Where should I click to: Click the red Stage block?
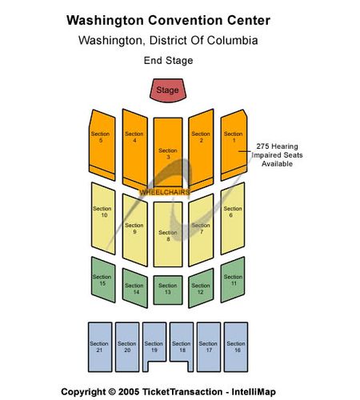168,90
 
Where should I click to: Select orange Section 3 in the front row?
168,152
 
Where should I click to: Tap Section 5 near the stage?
102,145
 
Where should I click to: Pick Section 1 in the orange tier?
234,145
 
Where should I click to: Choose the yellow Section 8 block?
168,234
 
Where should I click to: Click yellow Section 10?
103,218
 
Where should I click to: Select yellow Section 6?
233,218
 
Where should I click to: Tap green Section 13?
168,290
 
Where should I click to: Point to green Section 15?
103,279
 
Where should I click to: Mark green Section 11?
233,279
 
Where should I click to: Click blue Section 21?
100,347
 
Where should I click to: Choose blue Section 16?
236,347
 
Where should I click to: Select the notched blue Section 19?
154,344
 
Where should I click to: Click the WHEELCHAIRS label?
165,192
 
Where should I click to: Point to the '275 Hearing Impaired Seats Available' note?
277,155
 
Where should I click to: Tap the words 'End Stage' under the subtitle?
168,61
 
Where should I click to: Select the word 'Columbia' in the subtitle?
232,41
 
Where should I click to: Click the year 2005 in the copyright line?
129,392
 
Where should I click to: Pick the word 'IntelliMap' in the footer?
254,392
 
